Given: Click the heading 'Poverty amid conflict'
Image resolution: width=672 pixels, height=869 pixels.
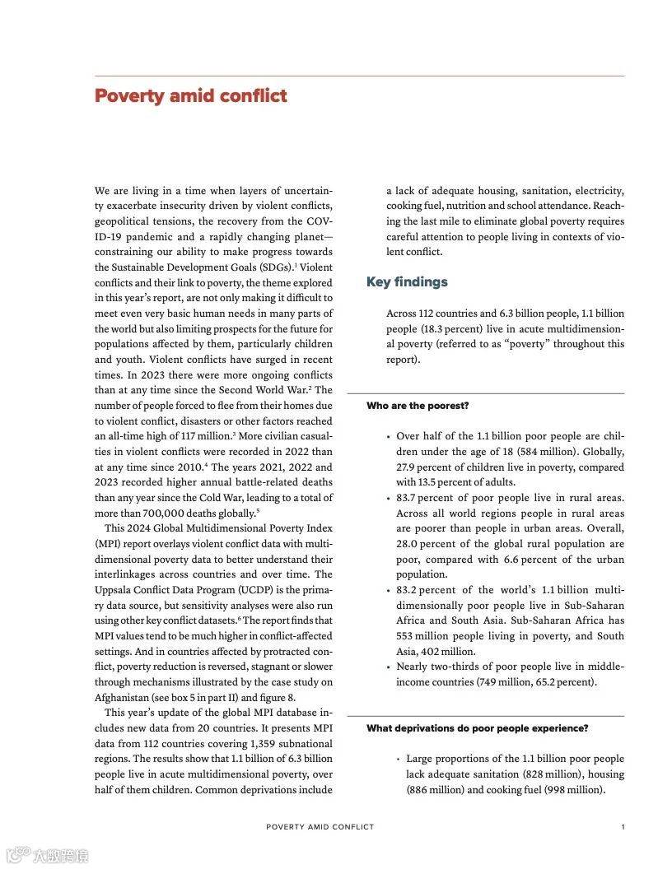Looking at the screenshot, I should click(191, 96).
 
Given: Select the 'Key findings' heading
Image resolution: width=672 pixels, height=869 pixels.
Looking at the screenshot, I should click(407, 282).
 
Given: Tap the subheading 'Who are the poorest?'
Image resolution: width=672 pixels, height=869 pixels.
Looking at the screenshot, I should click(418, 406).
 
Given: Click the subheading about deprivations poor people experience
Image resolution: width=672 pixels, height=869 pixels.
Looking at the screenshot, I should click(478, 728).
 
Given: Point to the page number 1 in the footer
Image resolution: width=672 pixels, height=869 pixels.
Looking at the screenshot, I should click(623, 827).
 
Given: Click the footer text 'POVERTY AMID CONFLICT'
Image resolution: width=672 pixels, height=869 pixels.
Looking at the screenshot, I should click(320, 827).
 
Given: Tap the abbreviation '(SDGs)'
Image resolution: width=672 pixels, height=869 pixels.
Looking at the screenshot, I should click(276, 267).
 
